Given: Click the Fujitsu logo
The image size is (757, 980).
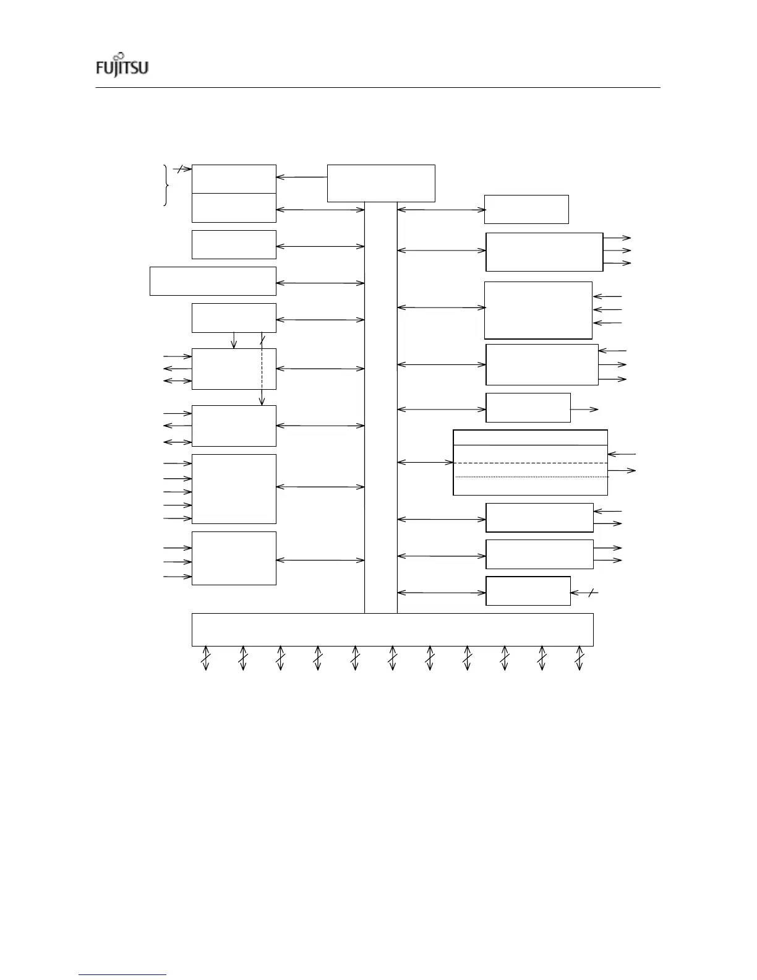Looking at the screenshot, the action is pos(122,65).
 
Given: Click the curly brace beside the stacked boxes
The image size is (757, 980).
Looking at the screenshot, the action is pos(166,185).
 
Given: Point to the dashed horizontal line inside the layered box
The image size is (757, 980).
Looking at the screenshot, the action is pos(530,463).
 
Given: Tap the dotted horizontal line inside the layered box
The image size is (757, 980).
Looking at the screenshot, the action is pos(532,477).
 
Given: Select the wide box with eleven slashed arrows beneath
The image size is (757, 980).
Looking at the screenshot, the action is pos(392,629).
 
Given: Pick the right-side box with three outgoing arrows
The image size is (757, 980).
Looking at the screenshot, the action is pos(544,252).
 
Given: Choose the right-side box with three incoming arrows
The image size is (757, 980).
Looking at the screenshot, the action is pos(538,310).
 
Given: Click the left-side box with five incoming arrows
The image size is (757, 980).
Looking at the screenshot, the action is pos(234,489).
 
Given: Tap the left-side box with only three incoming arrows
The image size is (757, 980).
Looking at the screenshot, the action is pos(234,558).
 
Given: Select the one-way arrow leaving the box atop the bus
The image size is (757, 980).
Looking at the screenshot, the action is pos(301,178).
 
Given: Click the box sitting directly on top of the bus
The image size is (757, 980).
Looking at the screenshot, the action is pos(380,183).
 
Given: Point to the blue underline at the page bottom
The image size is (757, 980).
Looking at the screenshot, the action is pos(123,974).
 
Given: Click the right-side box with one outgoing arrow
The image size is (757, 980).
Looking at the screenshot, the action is pos(528,408).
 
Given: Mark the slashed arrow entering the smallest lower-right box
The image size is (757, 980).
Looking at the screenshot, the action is pos(584,593).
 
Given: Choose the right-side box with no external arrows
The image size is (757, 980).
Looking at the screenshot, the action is pos(526,209).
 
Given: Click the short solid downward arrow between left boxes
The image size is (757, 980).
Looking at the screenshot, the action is pos(234,340).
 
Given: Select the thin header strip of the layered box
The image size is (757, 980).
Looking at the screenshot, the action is pos(530,437).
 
